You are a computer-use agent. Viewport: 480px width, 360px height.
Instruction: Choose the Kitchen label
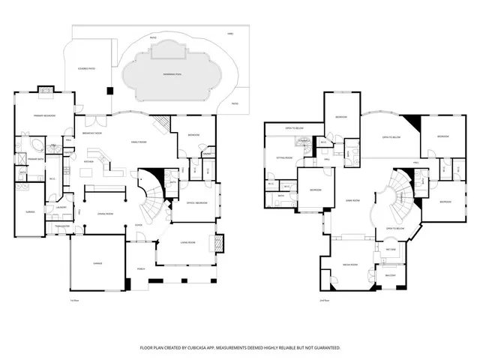pyautogui.click(x=88, y=161)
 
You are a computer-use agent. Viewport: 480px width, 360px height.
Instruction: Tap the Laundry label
pyautogui.click(x=60, y=208)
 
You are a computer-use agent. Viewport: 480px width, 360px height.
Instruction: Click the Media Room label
pyautogui.click(x=349, y=265)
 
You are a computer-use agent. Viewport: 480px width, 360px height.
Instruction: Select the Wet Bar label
pyautogui.click(x=391, y=249)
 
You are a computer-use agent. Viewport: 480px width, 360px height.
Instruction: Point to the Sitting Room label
pyautogui.click(x=283, y=158)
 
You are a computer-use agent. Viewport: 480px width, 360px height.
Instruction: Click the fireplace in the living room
pyautogui.click(x=220, y=244)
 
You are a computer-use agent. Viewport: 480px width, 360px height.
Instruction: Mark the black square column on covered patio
pyautogui.click(x=110, y=91)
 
